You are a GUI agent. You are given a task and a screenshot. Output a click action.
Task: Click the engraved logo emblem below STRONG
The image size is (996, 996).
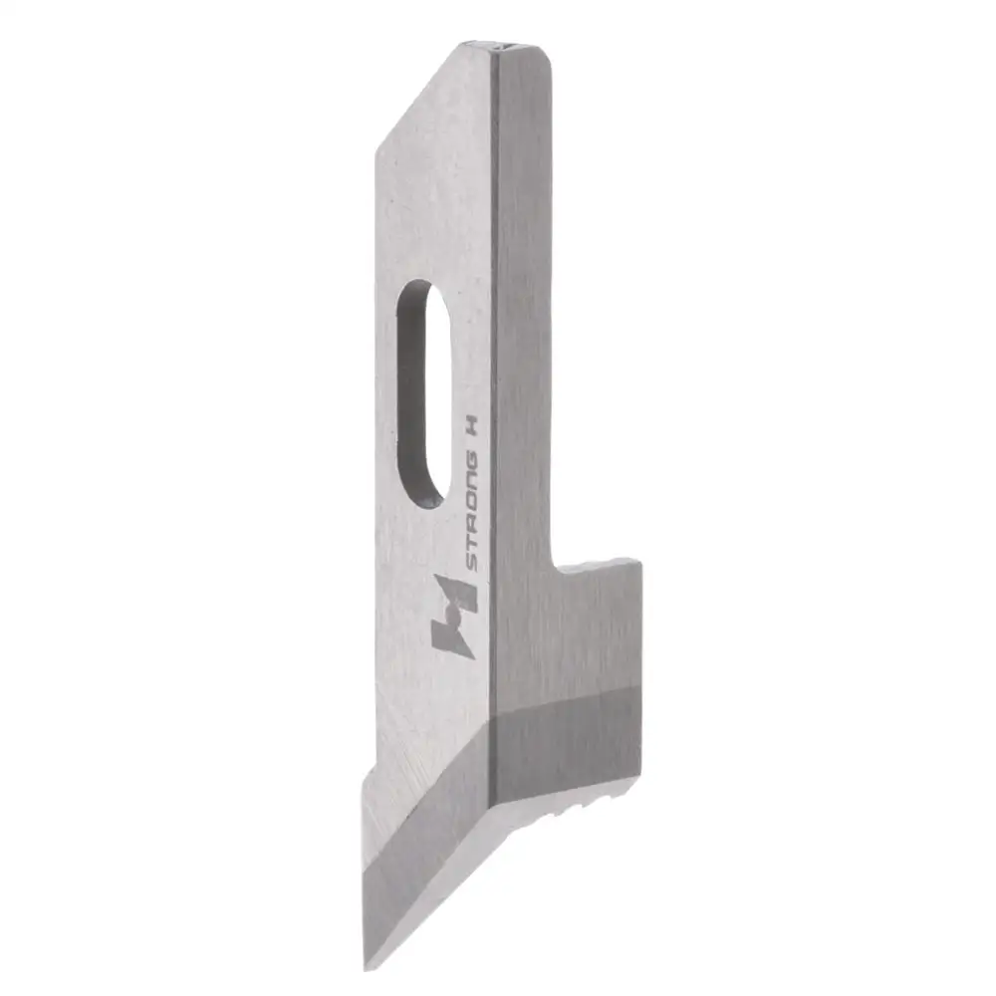pos(453,617)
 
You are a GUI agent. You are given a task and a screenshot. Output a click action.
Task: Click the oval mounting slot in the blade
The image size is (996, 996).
pos(422,393)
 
